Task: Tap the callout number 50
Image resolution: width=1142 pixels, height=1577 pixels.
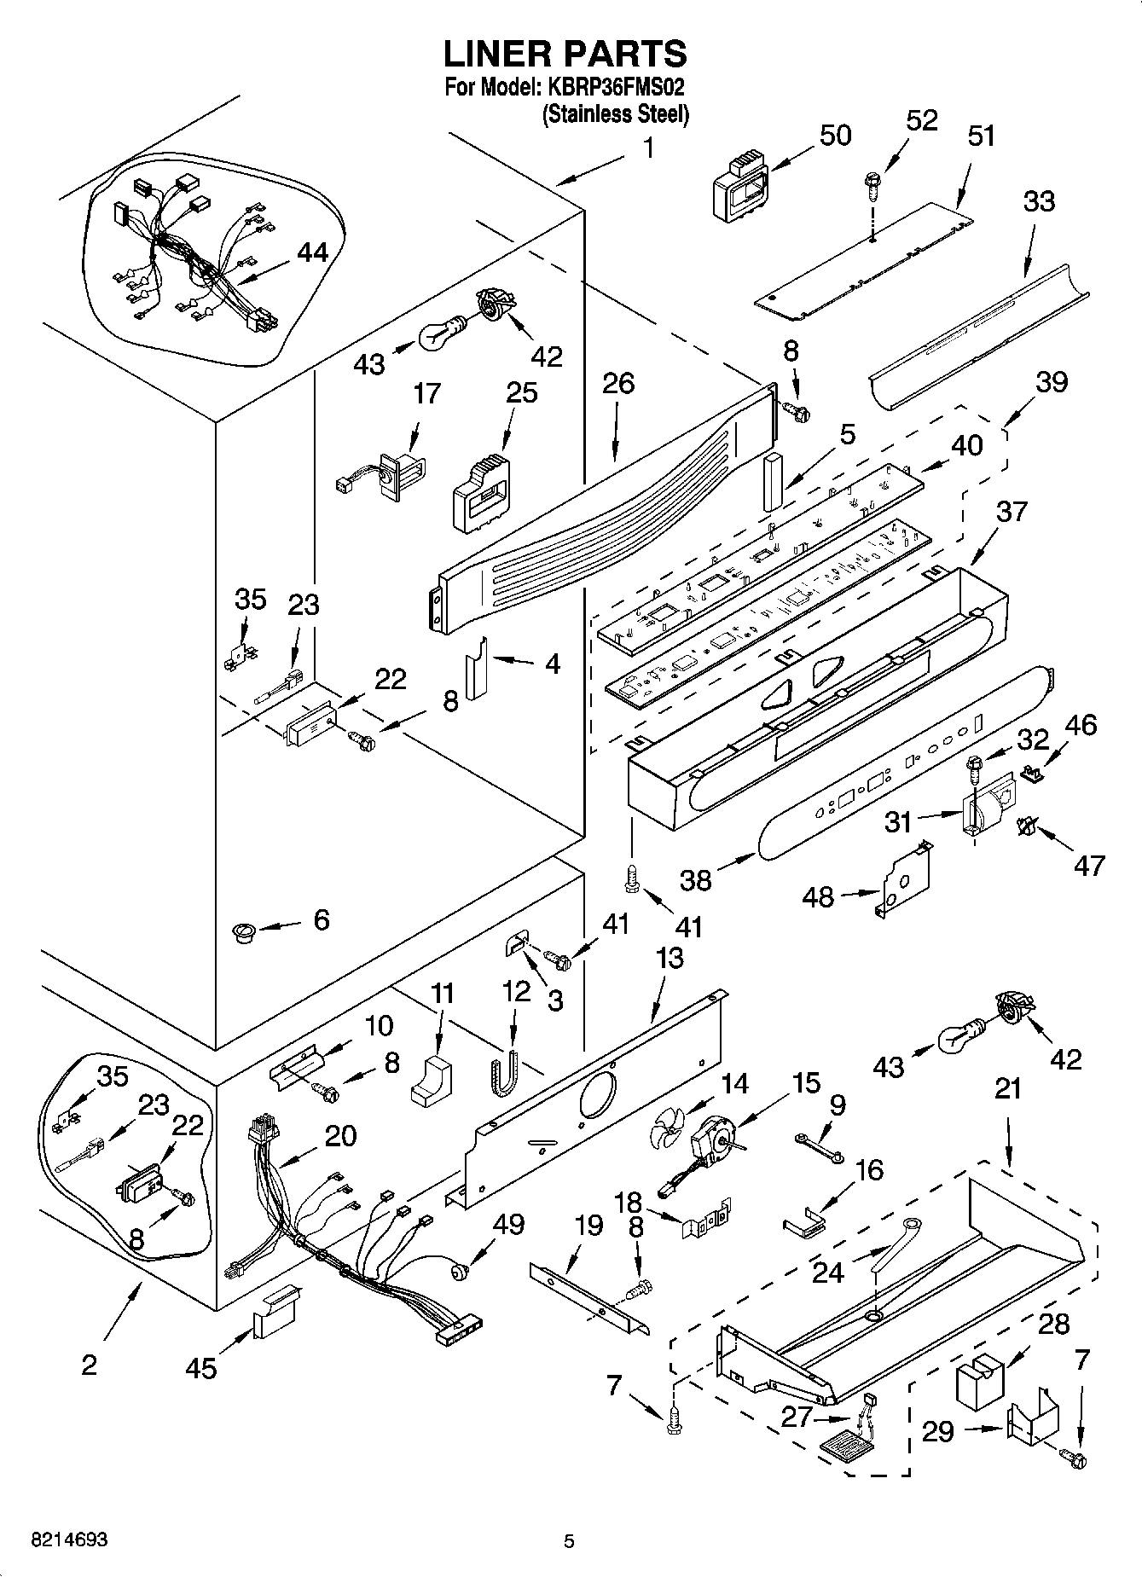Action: point(835,135)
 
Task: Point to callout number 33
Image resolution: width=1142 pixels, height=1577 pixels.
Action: point(1038,201)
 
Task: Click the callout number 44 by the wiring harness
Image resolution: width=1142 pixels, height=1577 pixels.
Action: point(312,252)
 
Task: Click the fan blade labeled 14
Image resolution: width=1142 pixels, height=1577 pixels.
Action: point(665,1136)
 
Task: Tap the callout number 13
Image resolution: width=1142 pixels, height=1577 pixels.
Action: point(670,958)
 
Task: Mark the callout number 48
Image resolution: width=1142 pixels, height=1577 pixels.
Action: point(818,896)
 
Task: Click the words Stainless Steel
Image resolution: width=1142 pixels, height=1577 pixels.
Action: point(615,114)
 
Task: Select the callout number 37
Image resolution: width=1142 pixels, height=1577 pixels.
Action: point(1012,512)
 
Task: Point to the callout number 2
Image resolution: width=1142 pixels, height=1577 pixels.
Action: point(89,1365)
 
